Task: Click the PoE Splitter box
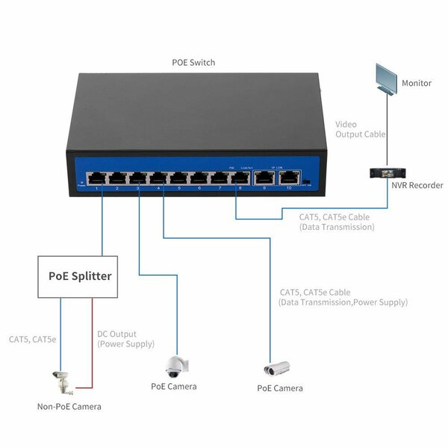click(80, 276)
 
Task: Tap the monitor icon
click(388, 78)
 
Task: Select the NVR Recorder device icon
click(387, 174)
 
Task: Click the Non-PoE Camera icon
click(60, 382)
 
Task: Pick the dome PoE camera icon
click(177, 366)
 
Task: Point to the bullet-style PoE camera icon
click(276, 369)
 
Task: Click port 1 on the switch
click(96, 178)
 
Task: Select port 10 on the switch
click(289, 178)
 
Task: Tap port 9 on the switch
click(265, 178)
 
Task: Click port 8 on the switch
click(240, 178)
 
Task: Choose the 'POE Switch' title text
click(193, 63)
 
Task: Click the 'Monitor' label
click(417, 83)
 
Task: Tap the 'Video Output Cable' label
click(360, 129)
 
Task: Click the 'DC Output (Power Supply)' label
click(126, 339)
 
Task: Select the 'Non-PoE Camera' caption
click(69, 407)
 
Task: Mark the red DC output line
click(92, 343)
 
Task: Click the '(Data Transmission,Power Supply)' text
click(343, 302)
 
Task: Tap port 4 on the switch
click(158, 178)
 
